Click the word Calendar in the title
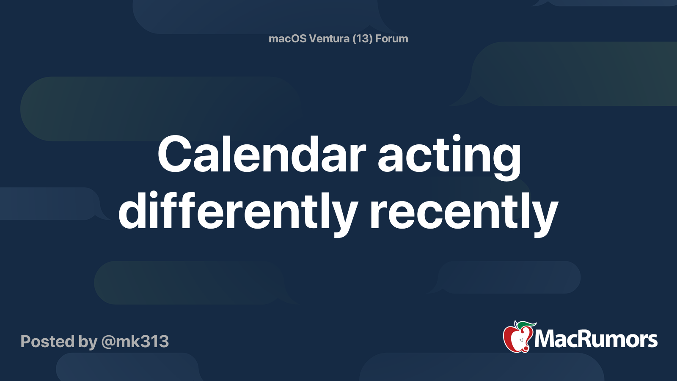point(261,155)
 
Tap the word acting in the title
point(449,155)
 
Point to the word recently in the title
point(464,211)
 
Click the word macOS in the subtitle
point(287,39)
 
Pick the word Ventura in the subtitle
point(329,39)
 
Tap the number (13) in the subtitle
point(363,39)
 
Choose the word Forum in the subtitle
point(392,39)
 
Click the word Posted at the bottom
point(47,342)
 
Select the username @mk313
point(135,342)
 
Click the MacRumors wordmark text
point(596,340)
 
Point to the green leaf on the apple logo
point(526,325)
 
